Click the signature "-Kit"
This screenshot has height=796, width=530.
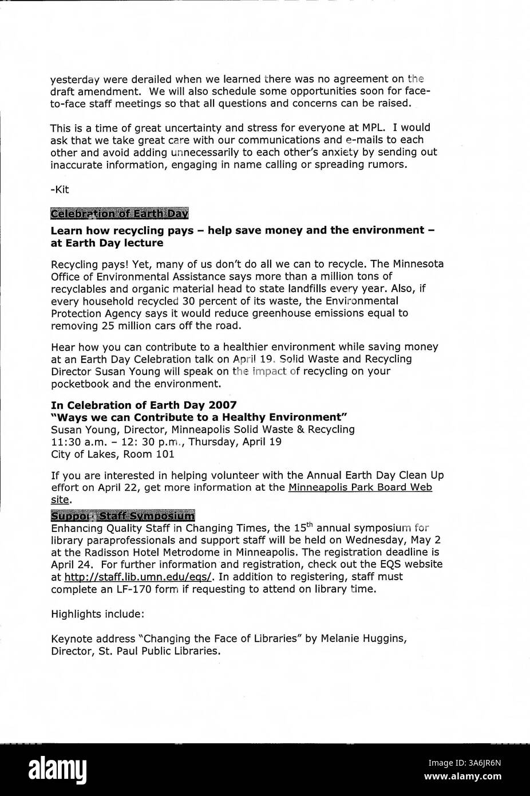coord(60,190)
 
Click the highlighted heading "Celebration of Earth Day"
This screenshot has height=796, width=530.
coord(120,214)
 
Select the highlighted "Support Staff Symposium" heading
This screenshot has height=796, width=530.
coord(122,515)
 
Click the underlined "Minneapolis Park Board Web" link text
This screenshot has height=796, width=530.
coord(360,487)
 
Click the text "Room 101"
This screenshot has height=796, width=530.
coord(154,454)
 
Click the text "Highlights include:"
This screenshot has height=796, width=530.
coord(97,613)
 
